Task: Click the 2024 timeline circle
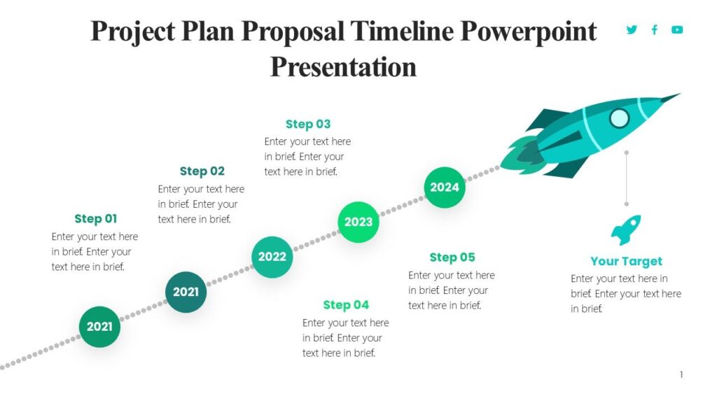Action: pos(445,188)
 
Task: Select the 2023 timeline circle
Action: pos(358,222)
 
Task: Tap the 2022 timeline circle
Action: pos(272,257)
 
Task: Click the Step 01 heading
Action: pos(96,218)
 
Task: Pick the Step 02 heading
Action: pos(202,171)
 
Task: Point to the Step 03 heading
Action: pos(307,124)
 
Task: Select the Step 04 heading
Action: pos(346,304)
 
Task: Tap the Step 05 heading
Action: pos(452,257)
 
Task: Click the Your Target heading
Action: pos(626,261)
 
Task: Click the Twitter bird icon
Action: pos(632,29)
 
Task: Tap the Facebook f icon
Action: pos(655,29)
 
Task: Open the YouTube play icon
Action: pos(677,29)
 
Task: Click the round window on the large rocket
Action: pos(619,118)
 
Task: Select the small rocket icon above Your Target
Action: pos(626,229)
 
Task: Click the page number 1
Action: pos(681,375)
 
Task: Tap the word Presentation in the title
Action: pos(343,67)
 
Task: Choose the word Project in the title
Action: pos(131,31)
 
